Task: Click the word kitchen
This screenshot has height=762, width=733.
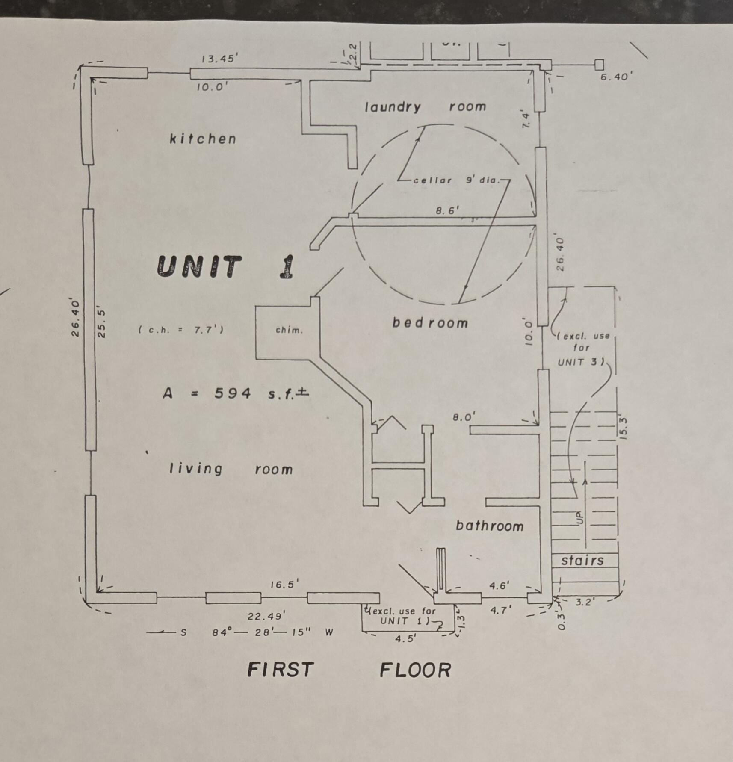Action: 203,139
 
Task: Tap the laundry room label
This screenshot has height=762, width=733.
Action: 425,106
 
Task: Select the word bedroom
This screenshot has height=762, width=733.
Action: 430,322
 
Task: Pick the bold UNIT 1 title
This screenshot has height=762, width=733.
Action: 226,266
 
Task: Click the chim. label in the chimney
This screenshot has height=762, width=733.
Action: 289,330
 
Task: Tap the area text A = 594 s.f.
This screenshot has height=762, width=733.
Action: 236,393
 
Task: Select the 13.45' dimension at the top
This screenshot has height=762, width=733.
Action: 218,59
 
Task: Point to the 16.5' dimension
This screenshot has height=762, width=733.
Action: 284,584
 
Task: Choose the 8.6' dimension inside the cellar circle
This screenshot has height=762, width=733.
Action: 447,210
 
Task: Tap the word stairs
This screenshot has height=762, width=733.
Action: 582,560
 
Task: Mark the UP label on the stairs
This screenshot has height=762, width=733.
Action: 580,517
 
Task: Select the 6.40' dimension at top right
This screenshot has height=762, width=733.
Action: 616,77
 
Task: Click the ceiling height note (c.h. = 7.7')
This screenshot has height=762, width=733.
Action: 181,330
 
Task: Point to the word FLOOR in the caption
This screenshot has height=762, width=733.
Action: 415,670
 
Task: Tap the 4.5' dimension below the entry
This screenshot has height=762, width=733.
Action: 405,639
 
